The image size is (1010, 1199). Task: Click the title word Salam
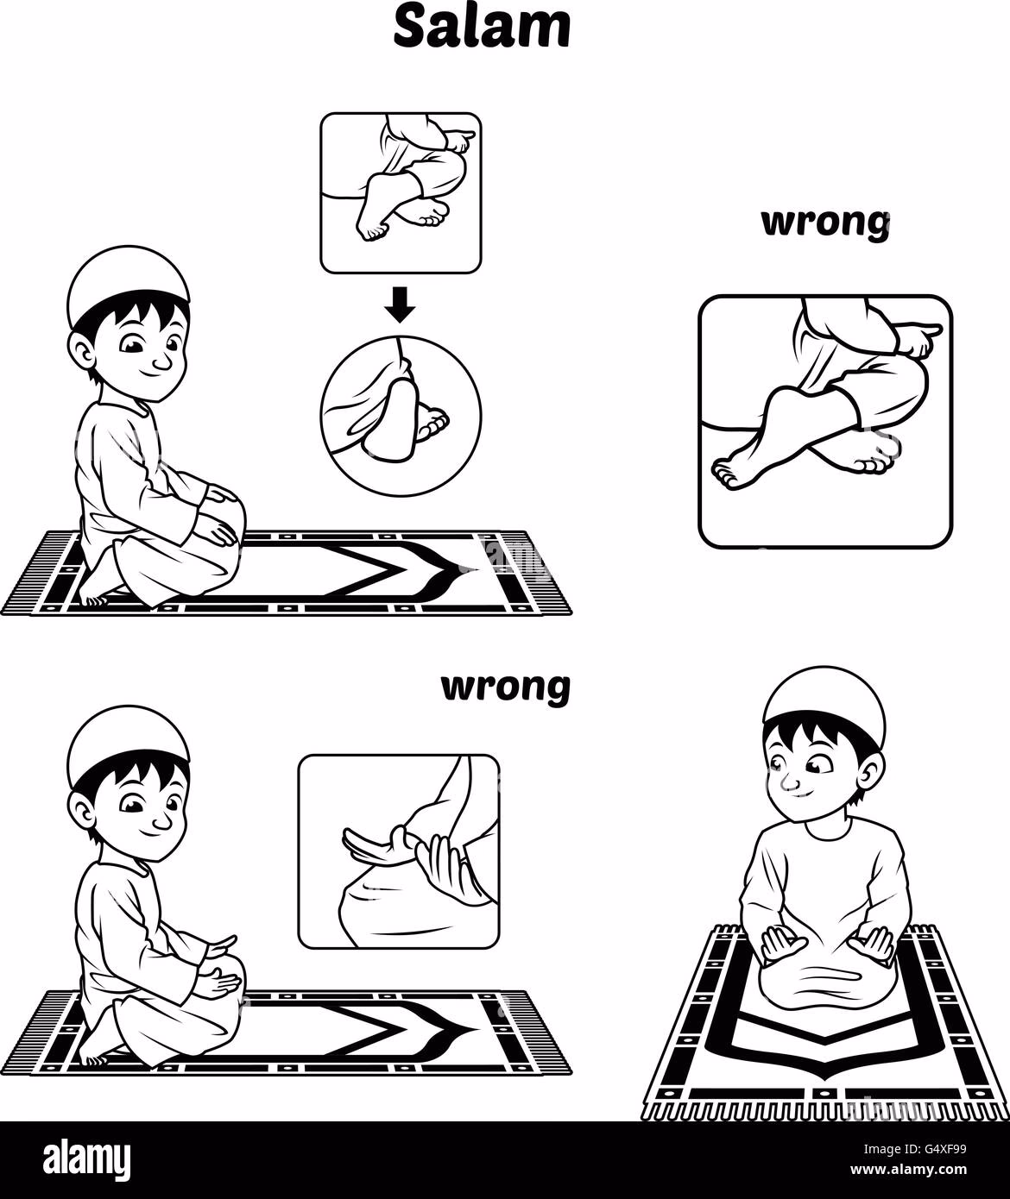point(481,28)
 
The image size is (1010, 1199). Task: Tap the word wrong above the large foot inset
point(825,223)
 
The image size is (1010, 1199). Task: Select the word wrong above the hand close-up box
point(506,687)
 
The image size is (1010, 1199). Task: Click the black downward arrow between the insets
point(400,304)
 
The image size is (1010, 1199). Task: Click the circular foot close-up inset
point(401,417)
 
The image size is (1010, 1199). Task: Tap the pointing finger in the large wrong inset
point(919,336)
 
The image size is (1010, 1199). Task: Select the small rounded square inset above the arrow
point(401,192)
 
